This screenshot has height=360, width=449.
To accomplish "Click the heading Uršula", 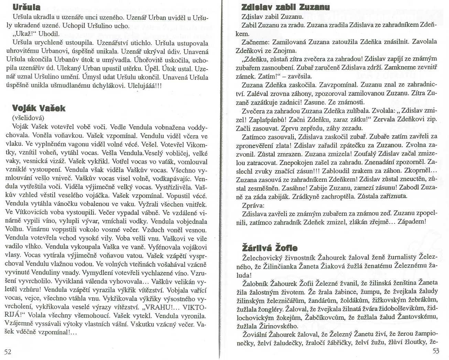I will (x=26, y=7).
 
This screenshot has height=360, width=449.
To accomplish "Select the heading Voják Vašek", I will (x=39, y=108).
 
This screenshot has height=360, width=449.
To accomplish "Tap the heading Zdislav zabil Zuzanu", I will (x=285, y=7).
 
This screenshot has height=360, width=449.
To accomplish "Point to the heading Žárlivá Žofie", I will (x=270, y=248).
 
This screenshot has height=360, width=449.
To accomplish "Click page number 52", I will (x=8, y=351).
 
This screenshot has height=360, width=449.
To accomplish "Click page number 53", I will (x=436, y=351).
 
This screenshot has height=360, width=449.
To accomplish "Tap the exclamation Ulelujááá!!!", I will (x=144, y=85).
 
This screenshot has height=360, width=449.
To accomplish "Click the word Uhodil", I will (x=49, y=34).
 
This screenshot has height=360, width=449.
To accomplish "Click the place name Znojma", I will (x=285, y=51).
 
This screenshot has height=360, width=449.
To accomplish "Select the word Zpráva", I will (x=253, y=205).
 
